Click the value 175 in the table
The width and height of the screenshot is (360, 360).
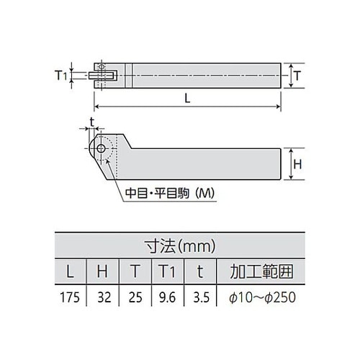[68, 297]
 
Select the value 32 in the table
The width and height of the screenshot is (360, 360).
[104, 297]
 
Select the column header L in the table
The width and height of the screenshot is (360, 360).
[68, 272]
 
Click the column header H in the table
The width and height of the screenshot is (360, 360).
[104, 272]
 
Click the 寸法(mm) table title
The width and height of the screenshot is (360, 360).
[179, 247]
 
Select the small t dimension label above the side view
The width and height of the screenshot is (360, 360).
[92, 121]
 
